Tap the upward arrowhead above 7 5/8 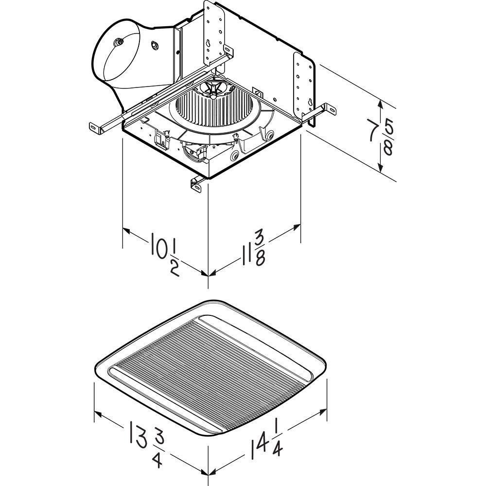381,104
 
